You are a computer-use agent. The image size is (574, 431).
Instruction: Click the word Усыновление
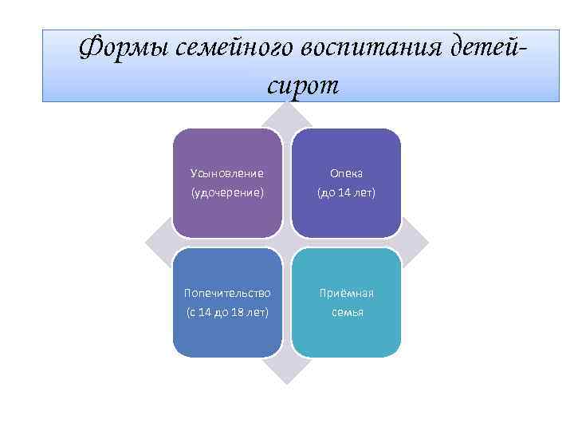[x=227, y=172]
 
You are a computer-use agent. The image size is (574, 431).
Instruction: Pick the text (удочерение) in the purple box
[x=227, y=192]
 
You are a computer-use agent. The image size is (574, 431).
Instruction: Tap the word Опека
[x=347, y=172]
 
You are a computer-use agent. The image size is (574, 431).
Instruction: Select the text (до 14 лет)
[x=347, y=192]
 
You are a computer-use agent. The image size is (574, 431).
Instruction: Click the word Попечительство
[x=227, y=293]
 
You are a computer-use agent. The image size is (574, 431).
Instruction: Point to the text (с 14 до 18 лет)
[x=227, y=312]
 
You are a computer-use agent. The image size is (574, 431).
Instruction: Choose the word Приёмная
[x=347, y=293]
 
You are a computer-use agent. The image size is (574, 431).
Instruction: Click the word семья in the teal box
[x=347, y=312]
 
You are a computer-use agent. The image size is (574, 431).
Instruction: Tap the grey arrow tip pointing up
[x=287, y=112]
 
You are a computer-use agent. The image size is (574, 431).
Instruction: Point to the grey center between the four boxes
[x=287, y=243]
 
